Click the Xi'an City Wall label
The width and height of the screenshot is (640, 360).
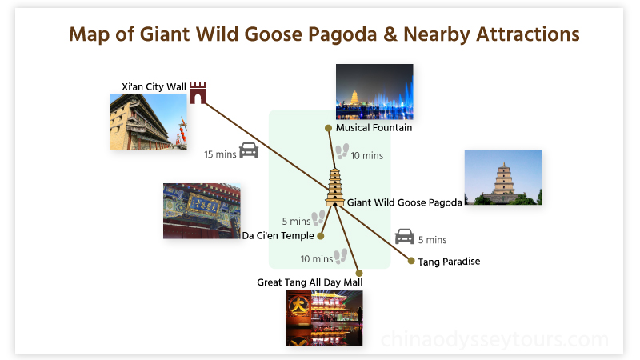pyautogui.click(x=153, y=86)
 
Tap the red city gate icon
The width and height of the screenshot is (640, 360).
pyautogui.click(x=198, y=93)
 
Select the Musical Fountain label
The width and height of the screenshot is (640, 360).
pyautogui.click(x=374, y=128)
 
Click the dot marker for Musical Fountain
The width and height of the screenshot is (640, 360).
pyautogui.click(x=328, y=128)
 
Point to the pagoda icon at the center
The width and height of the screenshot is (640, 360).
pyautogui.click(x=334, y=188)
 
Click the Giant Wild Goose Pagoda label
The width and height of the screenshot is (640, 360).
pyautogui.click(x=404, y=203)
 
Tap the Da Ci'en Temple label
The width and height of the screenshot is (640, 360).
pyautogui.click(x=278, y=236)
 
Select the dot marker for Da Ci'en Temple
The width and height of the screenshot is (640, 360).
pyautogui.click(x=321, y=236)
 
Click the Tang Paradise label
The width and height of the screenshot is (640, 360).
pyautogui.click(x=449, y=262)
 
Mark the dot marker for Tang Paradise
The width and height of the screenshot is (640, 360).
pyautogui.click(x=411, y=261)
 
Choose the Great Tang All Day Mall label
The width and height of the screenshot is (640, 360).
pyautogui.click(x=310, y=282)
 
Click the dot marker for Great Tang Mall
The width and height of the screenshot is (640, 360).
pyautogui.click(x=359, y=273)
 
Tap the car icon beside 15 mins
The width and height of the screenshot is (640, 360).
pyautogui.click(x=249, y=150)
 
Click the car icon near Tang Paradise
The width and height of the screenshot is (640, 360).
pyautogui.click(x=405, y=236)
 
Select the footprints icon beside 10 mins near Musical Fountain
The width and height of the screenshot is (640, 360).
pyautogui.click(x=342, y=151)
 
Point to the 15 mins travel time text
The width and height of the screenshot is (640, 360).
pyautogui.click(x=220, y=154)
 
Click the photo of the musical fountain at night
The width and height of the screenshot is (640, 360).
pyautogui.click(x=374, y=91)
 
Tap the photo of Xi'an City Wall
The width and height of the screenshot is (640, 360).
pyautogui.click(x=148, y=122)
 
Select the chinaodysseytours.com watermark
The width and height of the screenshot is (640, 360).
pyautogui.click(x=494, y=340)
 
